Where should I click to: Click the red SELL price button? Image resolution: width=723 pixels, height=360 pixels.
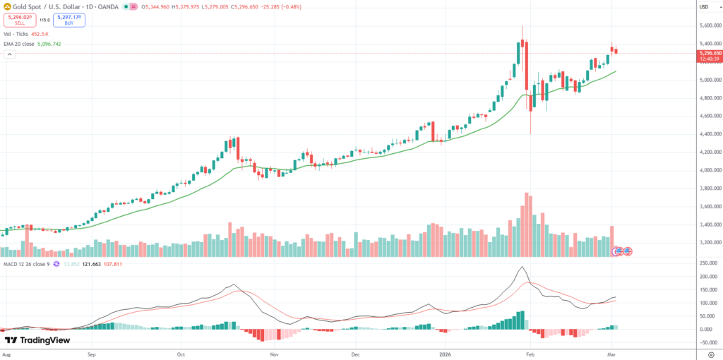pos(19,20)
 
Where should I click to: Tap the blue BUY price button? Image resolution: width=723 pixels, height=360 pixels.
pos(68,20)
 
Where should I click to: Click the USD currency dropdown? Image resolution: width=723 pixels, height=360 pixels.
pos(704,7)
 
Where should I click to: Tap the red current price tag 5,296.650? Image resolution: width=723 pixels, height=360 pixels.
pos(709,53)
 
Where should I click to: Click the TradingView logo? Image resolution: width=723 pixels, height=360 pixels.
pos(37,340)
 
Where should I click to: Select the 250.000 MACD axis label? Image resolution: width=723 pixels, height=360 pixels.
pos(707,263)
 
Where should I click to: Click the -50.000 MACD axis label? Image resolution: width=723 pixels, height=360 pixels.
pos(707,342)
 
